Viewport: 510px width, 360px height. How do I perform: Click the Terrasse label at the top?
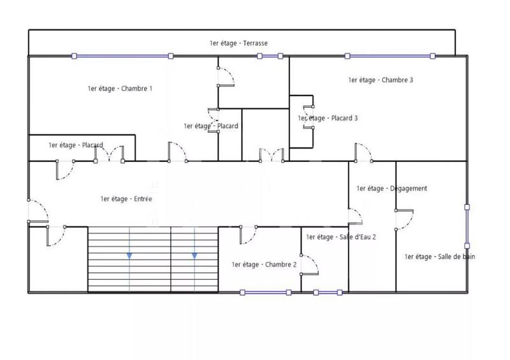click(238, 43)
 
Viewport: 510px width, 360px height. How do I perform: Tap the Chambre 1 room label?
click(120, 89)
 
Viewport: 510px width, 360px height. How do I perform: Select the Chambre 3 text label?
click(381, 80)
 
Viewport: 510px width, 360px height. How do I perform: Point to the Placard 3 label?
click(328, 118)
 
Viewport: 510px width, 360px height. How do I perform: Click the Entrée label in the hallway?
click(126, 199)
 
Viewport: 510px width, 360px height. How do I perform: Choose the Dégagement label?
click(391, 189)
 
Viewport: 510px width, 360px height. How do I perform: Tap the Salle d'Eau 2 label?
click(341, 237)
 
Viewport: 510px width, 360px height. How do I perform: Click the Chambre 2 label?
click(264, 264)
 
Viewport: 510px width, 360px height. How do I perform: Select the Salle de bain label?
click(440, 257)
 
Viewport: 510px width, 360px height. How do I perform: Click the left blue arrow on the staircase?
click(129, 255)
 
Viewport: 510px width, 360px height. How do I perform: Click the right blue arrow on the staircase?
click(194, 255)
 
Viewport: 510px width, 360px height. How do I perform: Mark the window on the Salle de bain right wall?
click(467, 226)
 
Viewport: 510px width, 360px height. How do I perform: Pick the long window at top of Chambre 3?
click(389, 56)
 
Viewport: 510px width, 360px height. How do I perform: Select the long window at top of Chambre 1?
click(122, 56)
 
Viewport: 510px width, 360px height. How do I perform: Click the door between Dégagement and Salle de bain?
click(404, 219)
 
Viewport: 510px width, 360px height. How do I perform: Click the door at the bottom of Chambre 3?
click(364, 152)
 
